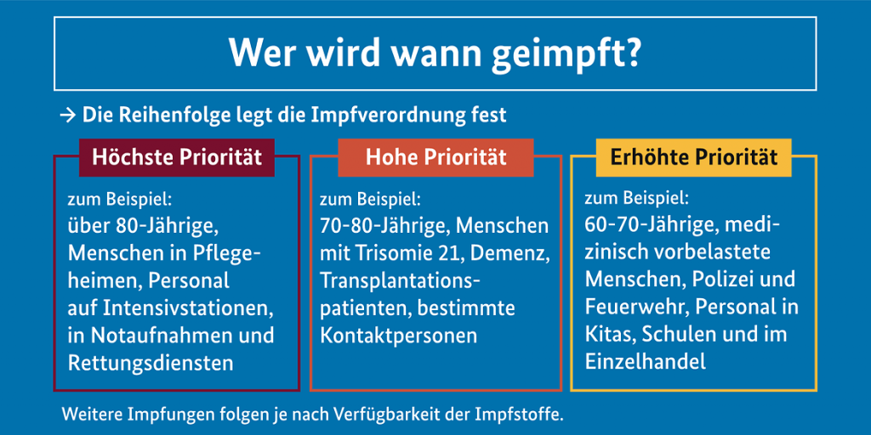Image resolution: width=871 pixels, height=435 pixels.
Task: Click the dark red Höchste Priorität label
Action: pyautogui.click(x=177, y=157)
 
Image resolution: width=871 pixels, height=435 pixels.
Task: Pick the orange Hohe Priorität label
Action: pyautogui.click(x=435, y=157)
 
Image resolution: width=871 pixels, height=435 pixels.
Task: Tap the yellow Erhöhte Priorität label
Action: pyautogui.click(x=694, y=157)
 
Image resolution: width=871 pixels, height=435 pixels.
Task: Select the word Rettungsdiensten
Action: pyautogui.click(x=151, y=363)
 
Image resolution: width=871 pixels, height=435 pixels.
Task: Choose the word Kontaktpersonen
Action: pyautogui.click(x=398, y=336)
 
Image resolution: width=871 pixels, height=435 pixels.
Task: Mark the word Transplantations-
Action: pyautogui.click(x=400, y=281)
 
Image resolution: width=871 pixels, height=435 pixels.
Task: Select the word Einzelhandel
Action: pyautogui.click(x=646, y=362)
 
